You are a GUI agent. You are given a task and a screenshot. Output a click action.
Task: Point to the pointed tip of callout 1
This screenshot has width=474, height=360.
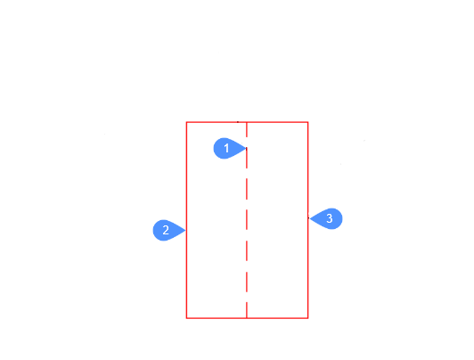[247, 149]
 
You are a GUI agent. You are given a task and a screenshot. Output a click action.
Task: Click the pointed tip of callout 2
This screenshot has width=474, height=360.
[185, 230]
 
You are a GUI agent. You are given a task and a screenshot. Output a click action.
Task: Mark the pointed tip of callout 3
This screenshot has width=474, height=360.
[309, 218]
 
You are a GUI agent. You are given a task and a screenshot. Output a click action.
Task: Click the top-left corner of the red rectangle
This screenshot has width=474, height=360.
[186, 122]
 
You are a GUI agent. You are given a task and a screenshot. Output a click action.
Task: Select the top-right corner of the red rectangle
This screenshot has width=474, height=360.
[308, 122]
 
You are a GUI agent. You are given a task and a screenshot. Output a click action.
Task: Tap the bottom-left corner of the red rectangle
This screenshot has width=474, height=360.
[186, 318]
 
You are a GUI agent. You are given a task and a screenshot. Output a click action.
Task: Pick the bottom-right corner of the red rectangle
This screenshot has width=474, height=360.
[308, 318]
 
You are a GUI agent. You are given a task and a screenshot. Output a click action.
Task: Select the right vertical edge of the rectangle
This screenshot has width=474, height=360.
[308, 182]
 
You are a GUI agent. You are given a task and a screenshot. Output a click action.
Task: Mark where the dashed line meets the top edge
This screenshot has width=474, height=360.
[247, 122]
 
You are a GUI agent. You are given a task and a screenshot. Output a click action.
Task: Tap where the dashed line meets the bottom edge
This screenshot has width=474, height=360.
[247, 318]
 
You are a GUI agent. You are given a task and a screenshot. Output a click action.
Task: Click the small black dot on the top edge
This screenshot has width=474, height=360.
[238, 122]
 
